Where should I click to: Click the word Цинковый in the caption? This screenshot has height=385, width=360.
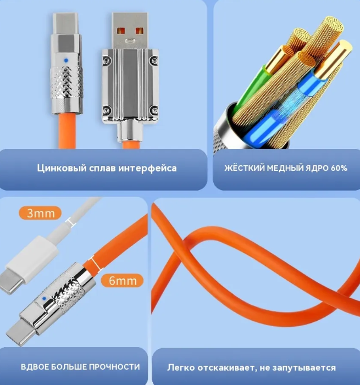[x=62, y=169]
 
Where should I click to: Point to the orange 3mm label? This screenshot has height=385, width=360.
[x=40, y=213]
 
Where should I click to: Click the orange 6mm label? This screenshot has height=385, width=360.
[x=123, y=281]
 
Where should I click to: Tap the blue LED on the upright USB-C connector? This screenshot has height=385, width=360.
[x=65, y=60]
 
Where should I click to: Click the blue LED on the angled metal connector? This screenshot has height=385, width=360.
[x=44, y=299]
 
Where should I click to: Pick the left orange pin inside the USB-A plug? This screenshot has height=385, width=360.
[x=121, y=31]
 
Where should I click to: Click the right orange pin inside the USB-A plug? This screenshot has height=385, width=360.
[x=140, y=31]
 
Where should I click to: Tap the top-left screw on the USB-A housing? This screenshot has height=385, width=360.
[x=106, y=60]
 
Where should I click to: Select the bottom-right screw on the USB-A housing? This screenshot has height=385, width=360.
[x=154, y=110]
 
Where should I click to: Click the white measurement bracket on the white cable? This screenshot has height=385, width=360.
[x=70, y=221]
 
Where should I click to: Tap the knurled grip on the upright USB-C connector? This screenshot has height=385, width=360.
[x=66, y=82]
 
